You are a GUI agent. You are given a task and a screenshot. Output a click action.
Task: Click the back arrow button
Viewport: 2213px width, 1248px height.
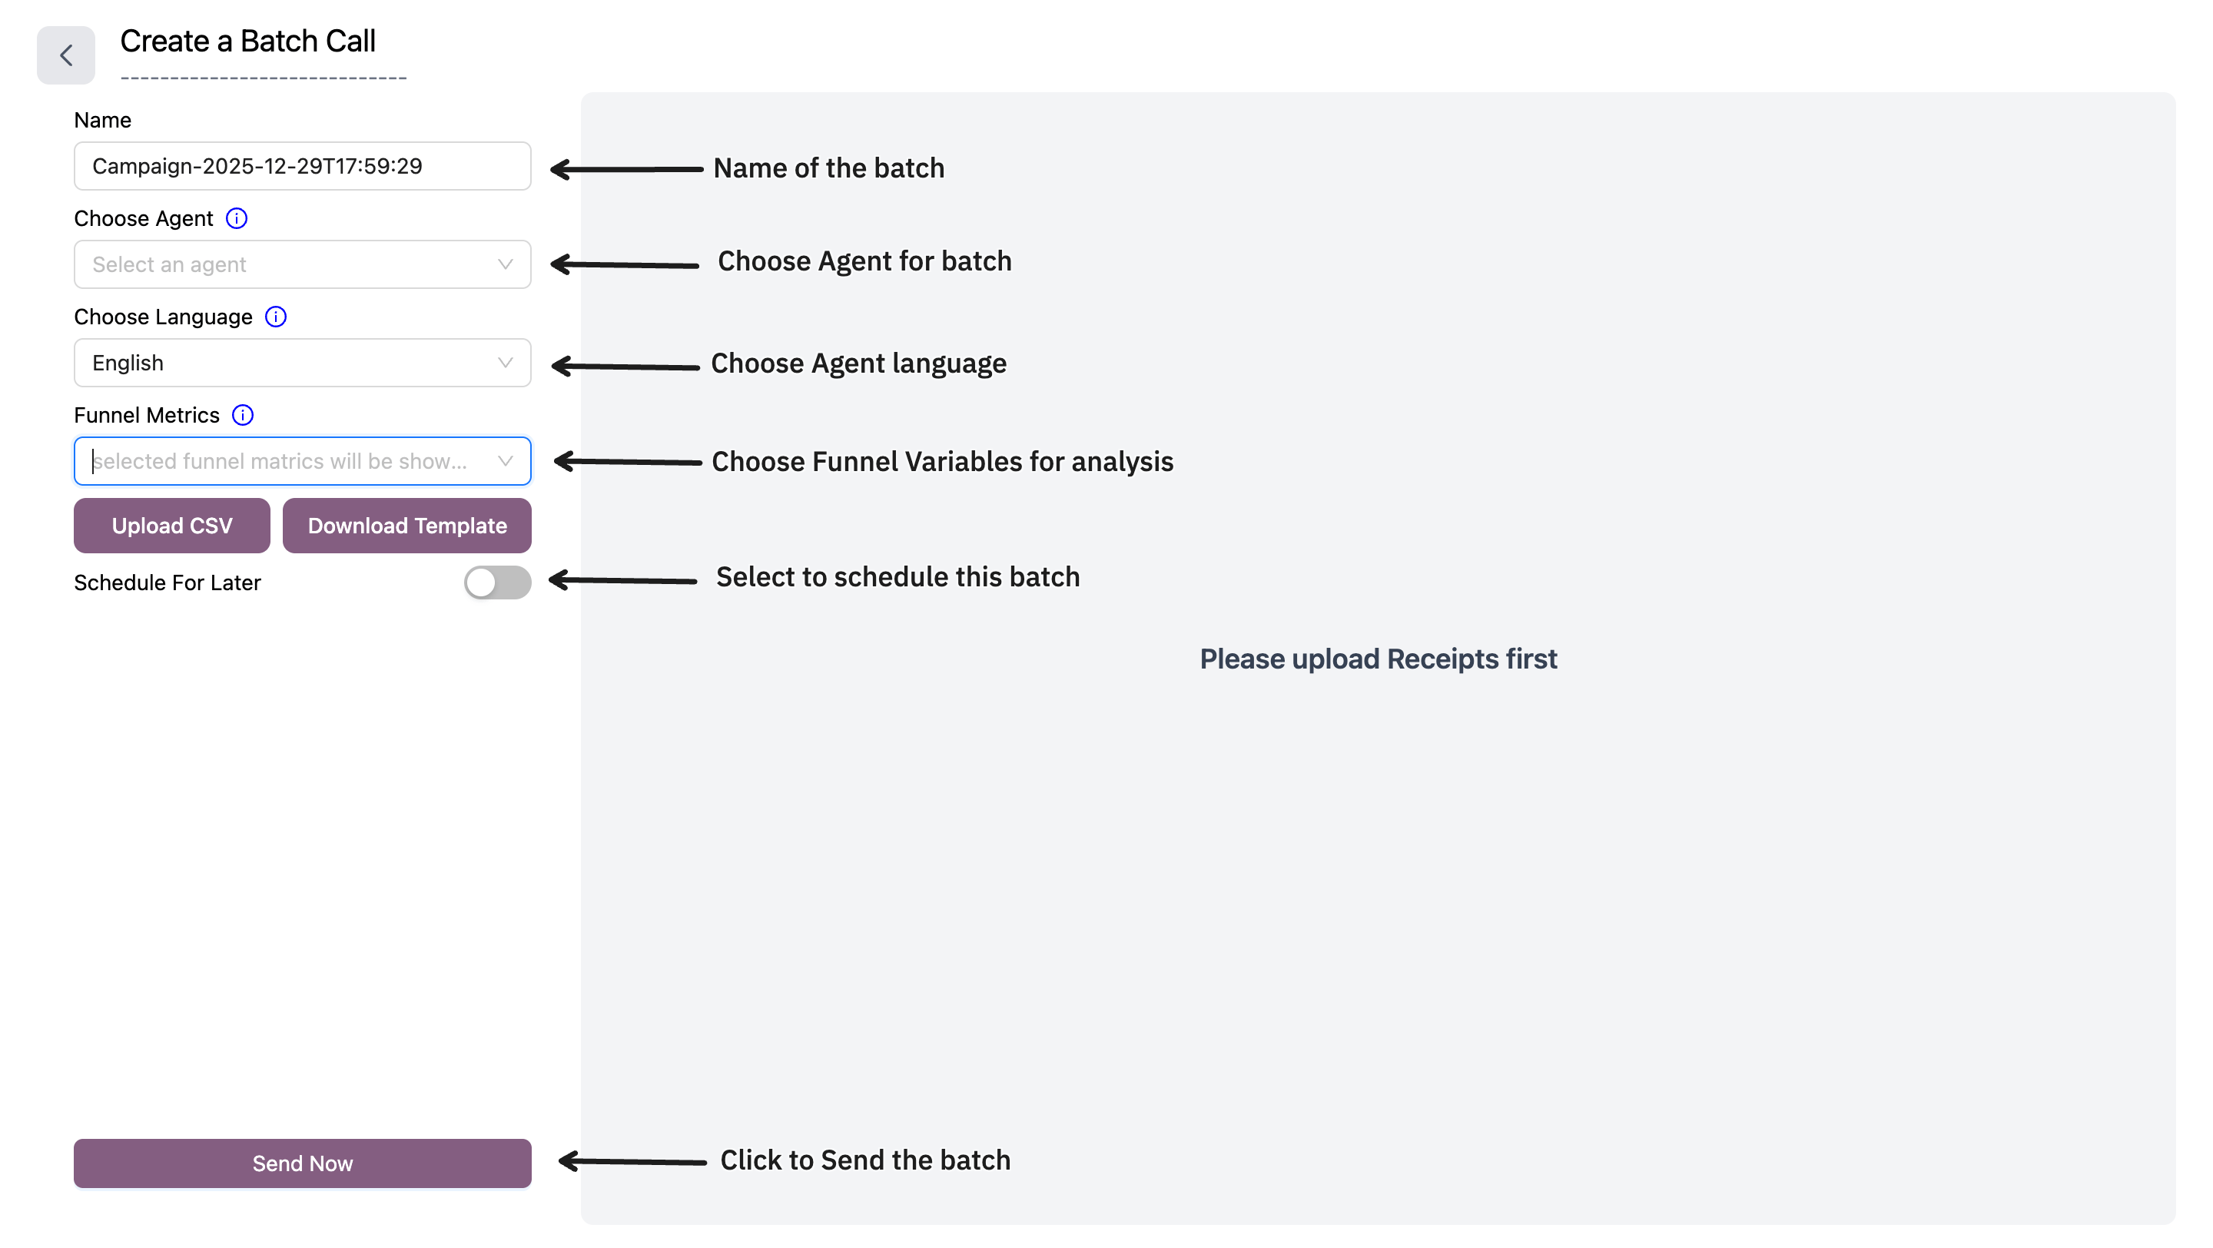tap(65, 55)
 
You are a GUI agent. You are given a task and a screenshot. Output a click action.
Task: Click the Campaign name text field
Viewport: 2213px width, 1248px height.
tap(303, 166)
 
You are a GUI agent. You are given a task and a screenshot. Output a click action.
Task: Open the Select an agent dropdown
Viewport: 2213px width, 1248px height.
tap(303, 264)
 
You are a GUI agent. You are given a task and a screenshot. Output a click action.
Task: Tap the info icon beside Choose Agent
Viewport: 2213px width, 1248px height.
tap(236, 218)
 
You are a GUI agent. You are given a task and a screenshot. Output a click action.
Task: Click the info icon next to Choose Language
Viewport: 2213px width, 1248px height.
tap(276, 317)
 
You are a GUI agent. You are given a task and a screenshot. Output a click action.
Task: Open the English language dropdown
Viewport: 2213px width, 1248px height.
tap(303, 363)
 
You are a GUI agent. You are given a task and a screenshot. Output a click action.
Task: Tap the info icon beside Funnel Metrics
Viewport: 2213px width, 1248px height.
tap(243, 416)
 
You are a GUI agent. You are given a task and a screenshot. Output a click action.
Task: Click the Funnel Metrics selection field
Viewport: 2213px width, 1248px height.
tap(303, 461)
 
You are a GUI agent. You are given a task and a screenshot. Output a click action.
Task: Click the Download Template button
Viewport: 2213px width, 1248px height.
tap(407, 526)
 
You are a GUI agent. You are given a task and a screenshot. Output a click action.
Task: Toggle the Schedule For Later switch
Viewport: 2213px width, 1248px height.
tap(497, 583)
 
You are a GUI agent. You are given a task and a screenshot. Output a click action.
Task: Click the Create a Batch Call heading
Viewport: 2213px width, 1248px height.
tap(247, 41)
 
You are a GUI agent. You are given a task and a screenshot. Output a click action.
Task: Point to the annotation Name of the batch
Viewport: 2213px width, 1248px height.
tap(828, 168)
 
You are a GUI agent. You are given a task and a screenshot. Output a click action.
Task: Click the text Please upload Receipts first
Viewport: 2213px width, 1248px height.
tap(1378, 659)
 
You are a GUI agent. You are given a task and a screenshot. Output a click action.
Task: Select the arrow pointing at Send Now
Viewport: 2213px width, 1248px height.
tap(632, 1161)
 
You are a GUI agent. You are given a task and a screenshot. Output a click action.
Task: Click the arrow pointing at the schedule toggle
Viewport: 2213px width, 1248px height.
tap(623, 581)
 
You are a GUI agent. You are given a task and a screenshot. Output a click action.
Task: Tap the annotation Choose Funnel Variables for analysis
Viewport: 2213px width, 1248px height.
tap(942, 462)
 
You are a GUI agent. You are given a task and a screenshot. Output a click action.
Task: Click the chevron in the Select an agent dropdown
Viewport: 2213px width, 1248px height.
tap(505, 264)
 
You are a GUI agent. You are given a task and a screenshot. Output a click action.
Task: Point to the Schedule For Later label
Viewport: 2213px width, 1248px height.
tap(168, 583)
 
